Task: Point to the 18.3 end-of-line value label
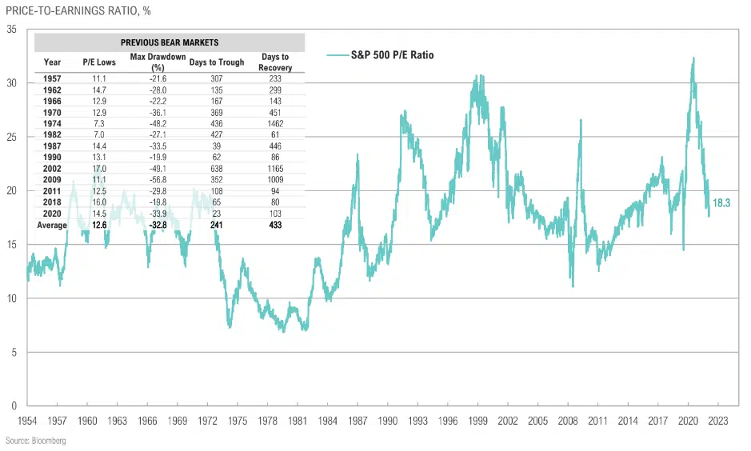[721, 203]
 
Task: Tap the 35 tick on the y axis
[12, 30]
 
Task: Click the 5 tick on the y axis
[14, 353]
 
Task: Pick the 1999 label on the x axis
[478, 420]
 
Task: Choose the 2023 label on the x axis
[717, 420]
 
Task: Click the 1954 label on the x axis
[28, 420]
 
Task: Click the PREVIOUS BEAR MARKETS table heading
[170, 42]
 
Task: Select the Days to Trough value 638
[217, 169]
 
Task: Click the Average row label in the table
[52, 225]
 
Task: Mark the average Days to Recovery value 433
[276, 225]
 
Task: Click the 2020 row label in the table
[52, 214]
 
